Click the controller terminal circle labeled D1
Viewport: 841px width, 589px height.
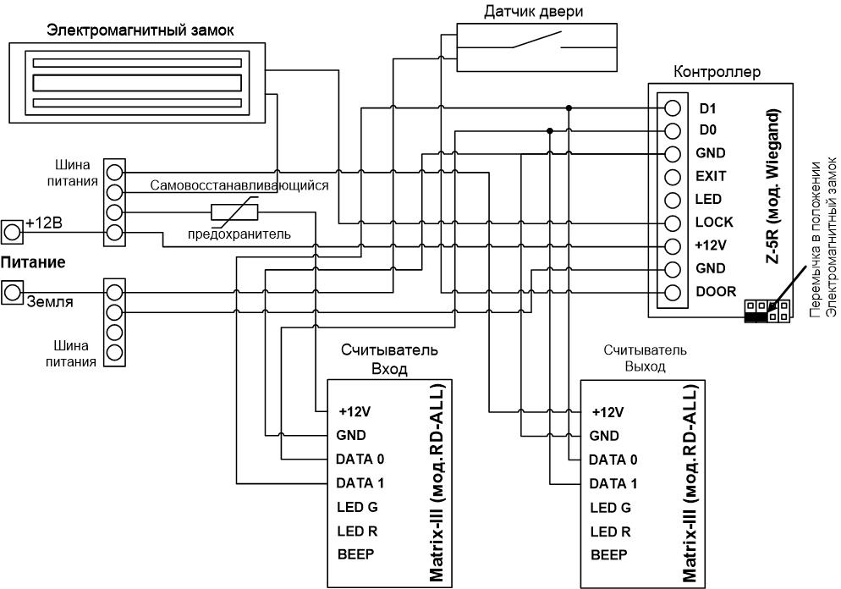672,107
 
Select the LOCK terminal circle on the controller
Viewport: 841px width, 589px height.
672,223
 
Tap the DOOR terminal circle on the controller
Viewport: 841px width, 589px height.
672,292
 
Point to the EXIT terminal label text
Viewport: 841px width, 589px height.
711,176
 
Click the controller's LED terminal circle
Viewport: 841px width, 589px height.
672,200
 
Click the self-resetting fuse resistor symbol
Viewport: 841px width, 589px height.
234,212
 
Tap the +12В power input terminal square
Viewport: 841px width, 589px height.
12,232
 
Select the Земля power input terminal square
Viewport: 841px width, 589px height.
12,292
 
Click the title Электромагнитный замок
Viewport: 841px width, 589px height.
140,30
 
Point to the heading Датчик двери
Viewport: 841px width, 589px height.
533,11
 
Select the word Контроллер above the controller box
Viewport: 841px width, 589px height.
717,71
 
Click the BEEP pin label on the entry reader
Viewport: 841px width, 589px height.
355,554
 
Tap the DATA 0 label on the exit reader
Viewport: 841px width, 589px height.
613,460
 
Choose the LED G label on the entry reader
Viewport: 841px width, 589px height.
357,507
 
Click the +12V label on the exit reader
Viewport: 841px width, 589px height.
607,412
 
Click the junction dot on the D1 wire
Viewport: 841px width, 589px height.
569,107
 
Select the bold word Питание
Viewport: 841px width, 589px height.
33,262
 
